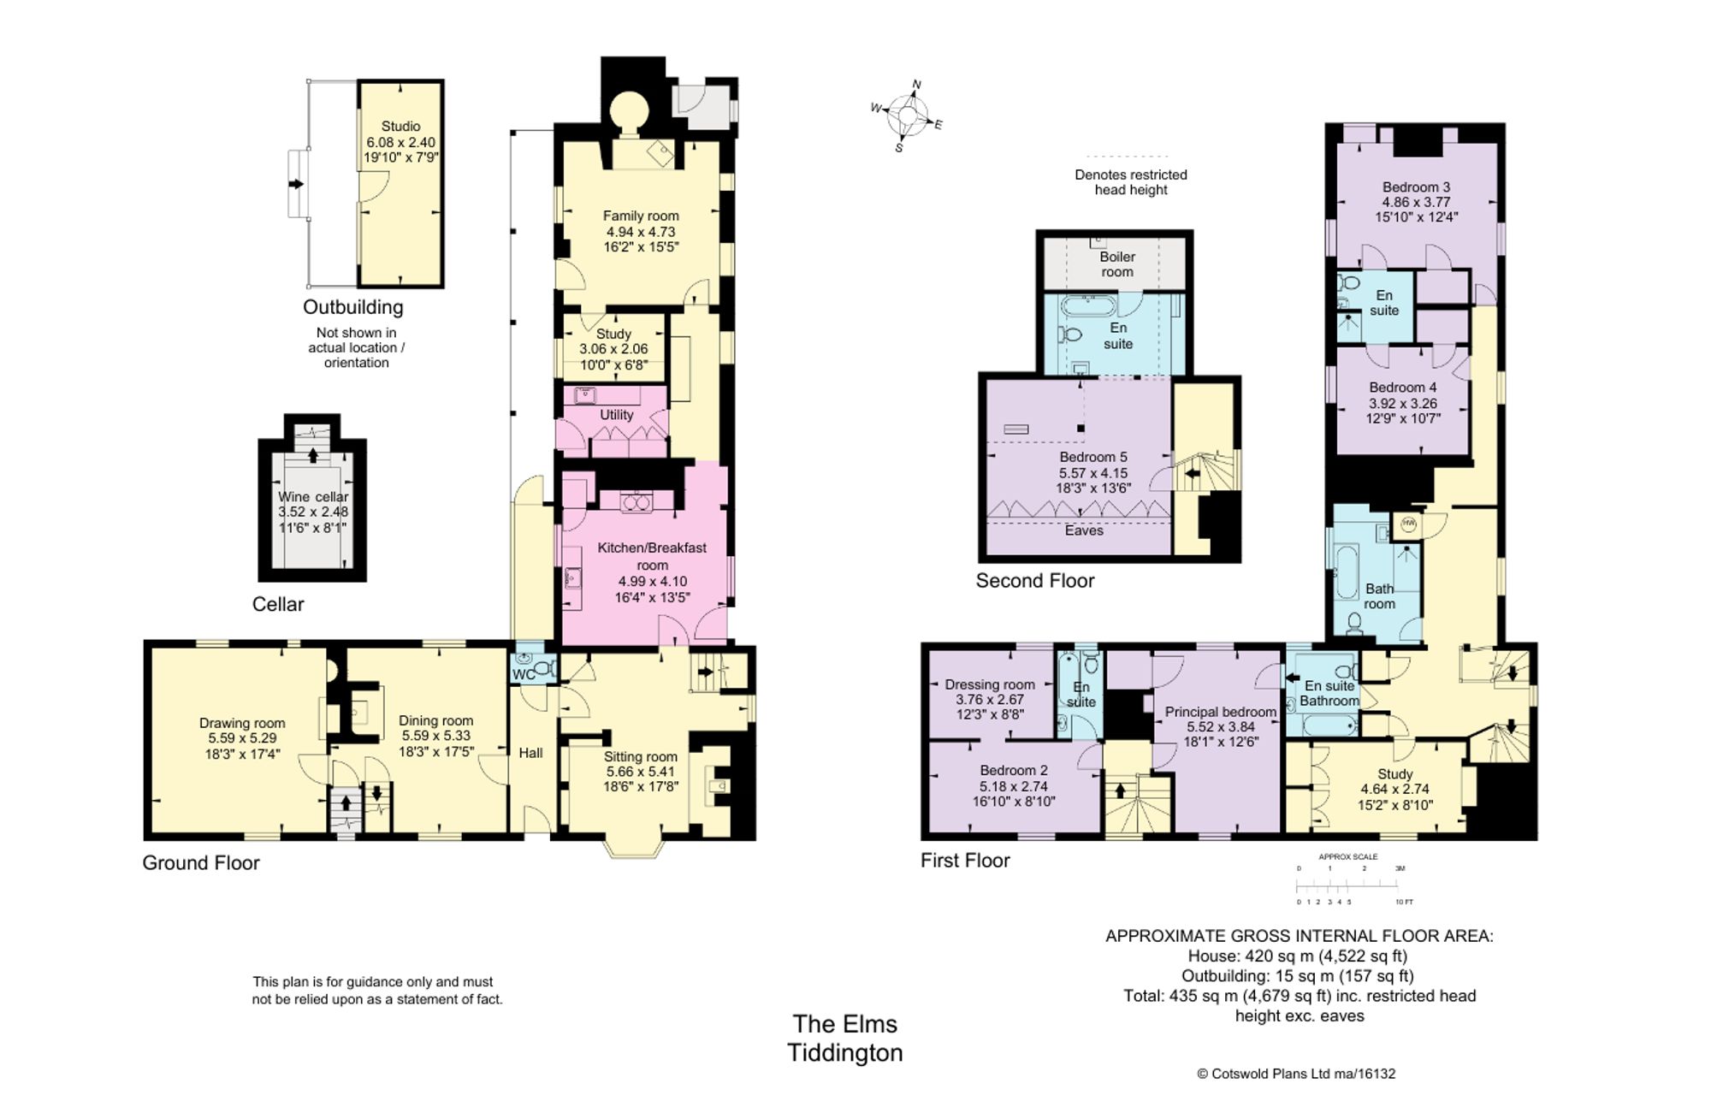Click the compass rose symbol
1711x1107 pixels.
coord(908,116)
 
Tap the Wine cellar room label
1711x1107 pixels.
coord(313,497)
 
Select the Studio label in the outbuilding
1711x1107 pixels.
coord(400,127)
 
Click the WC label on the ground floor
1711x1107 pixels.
coord(524,675)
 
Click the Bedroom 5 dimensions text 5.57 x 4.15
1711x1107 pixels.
coord(1093,473)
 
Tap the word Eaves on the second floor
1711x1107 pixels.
coord(1084,530)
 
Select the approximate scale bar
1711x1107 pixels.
coord(1348,885)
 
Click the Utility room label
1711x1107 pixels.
coord(616,415)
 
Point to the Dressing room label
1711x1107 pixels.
coord(990,684)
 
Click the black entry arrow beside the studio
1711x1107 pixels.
coord(296,184)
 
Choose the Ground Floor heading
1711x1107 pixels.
coord(201,863)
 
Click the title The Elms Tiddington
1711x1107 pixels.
coord(845,1038)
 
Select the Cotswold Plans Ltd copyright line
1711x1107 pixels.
coord(1295,1074)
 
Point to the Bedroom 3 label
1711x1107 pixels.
coord(1416,187)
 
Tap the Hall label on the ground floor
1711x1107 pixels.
coord(530,753)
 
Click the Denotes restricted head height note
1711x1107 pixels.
coord(1131,182)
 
